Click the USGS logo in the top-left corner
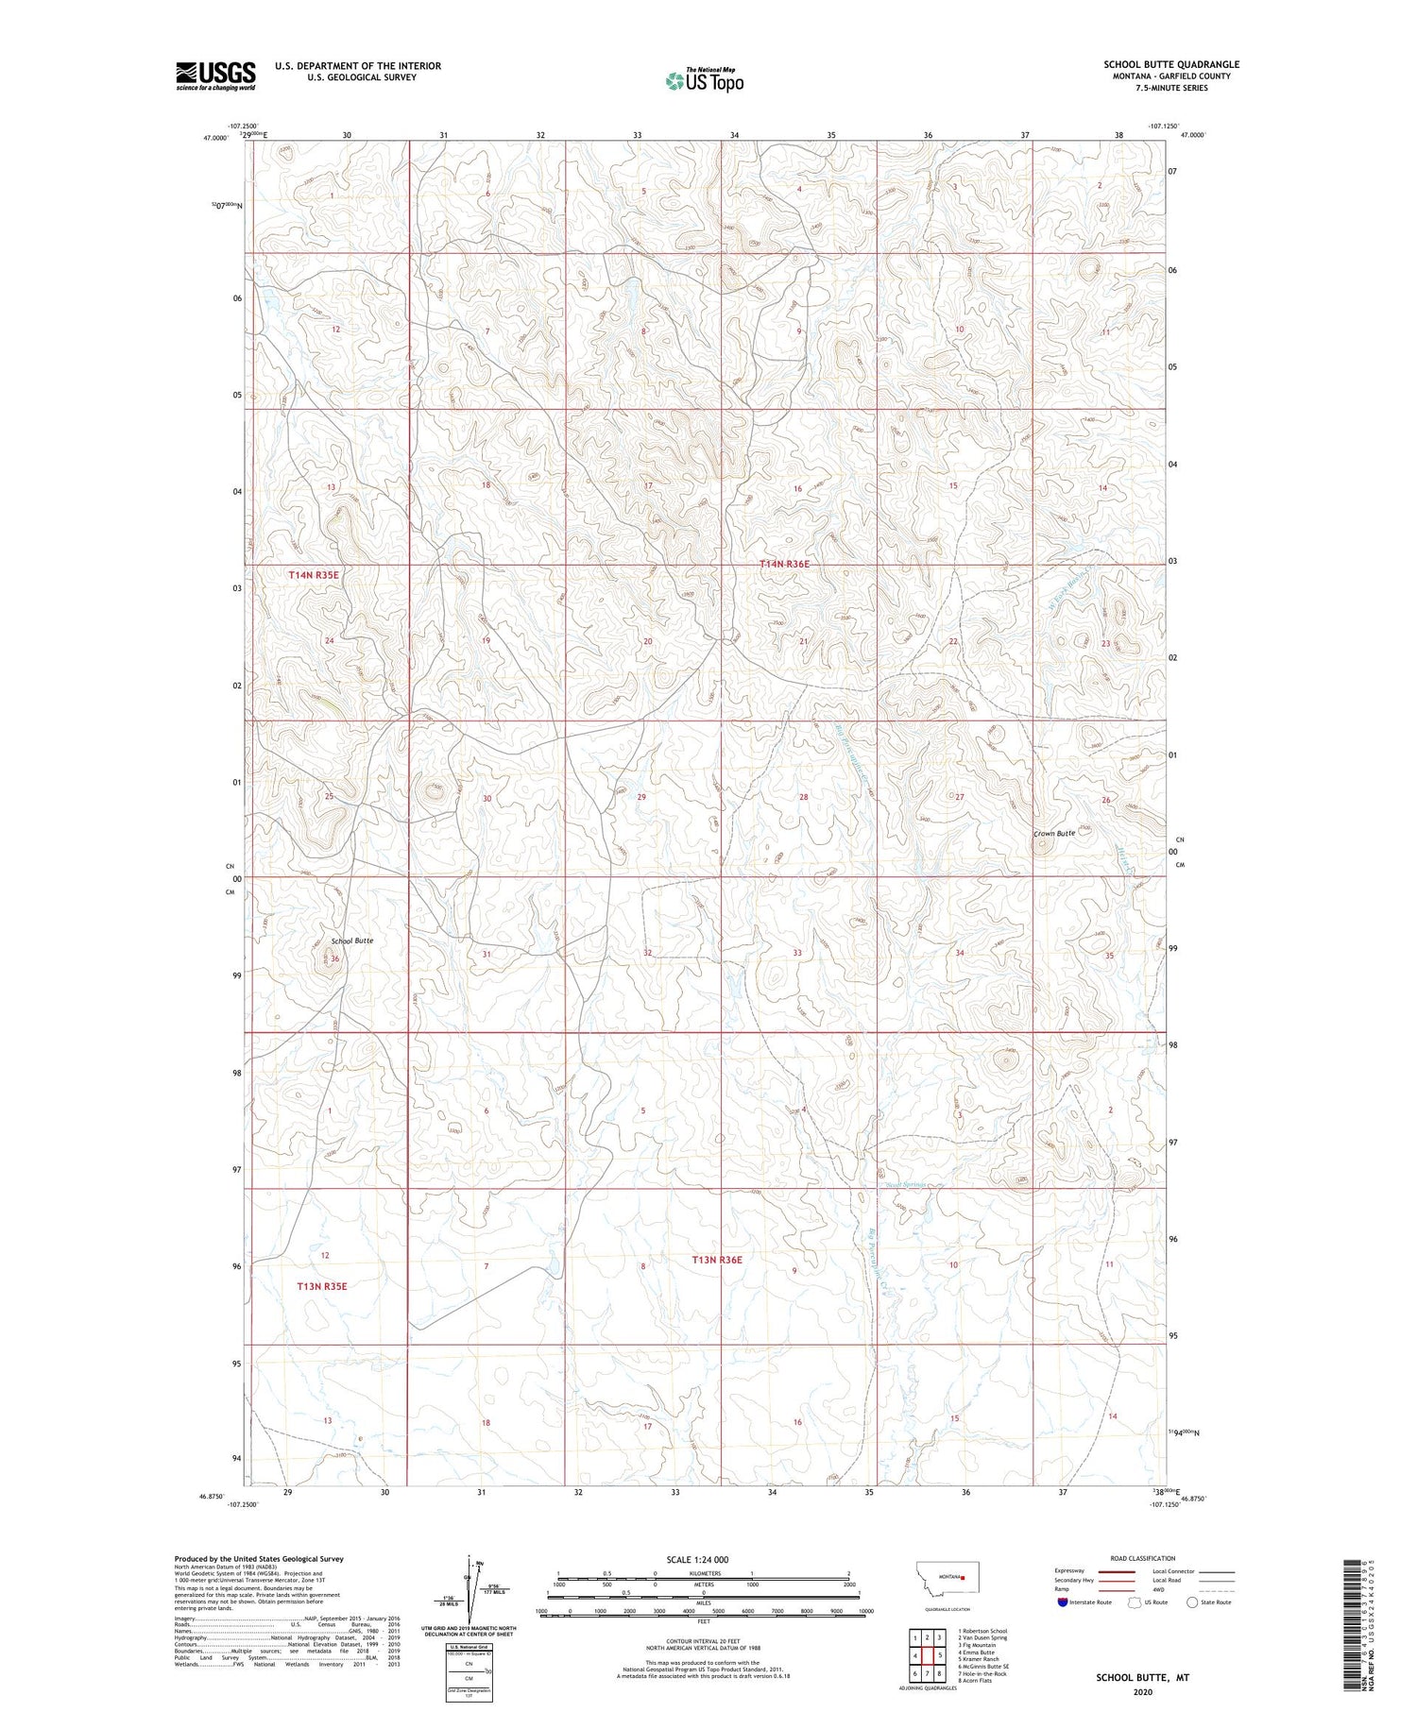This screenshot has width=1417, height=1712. point(215,76)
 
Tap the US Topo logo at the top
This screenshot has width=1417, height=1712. point(704,80)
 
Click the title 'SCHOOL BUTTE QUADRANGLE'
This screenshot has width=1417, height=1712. point(1171,64)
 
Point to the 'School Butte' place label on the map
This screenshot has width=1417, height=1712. point(352,941)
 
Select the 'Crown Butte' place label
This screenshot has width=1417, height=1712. point(1054,834)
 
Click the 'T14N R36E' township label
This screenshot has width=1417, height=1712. point(785,564)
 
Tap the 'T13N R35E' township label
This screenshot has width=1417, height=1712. point(323,1286)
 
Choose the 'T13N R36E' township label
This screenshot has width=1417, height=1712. point(717,1260)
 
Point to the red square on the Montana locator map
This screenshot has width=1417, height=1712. point(962,1576)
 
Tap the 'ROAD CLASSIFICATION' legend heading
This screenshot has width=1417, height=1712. point(1143,1558)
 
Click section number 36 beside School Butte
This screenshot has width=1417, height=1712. point(334,958)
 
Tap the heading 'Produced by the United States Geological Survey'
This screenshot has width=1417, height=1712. point(258,1559)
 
